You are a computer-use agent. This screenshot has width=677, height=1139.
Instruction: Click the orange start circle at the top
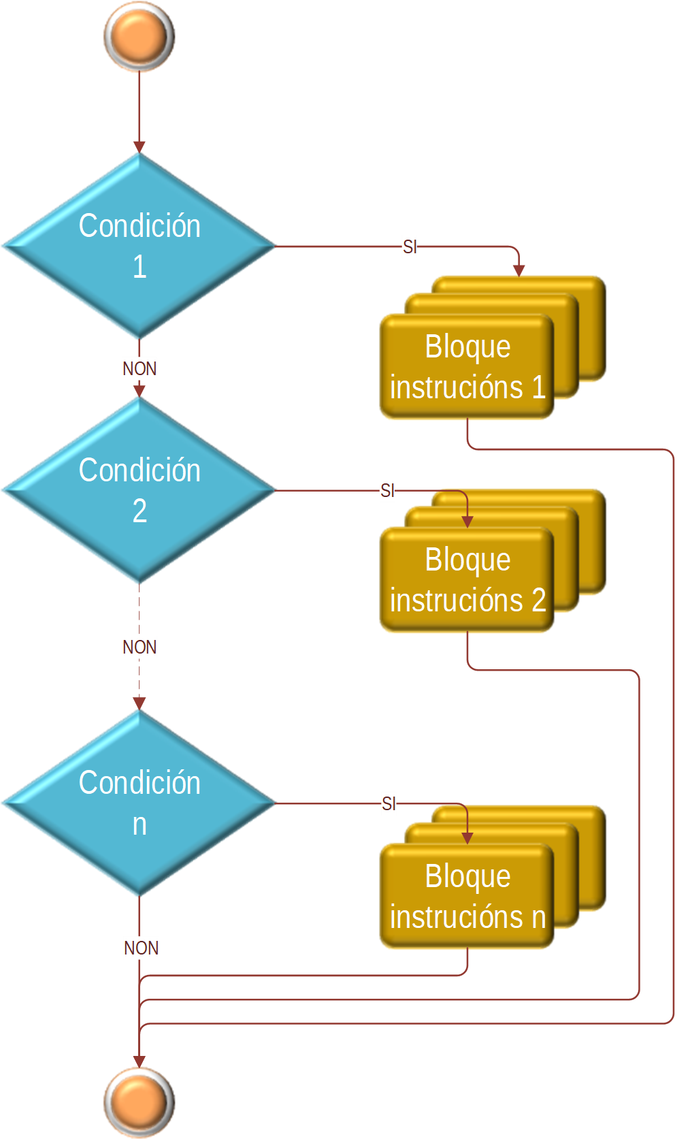click(139, 37)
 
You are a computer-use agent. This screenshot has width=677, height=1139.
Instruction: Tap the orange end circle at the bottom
click(139, 1102)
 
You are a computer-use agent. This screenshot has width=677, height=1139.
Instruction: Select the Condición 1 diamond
click(139, 246)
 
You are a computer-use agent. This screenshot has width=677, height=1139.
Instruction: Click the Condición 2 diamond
click(139, 490)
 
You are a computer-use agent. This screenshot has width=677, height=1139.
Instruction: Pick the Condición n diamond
click(139, 803)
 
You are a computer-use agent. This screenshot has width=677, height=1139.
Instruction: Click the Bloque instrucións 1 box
click(467, 367)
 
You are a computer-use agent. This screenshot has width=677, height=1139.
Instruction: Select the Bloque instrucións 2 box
click(467, 580)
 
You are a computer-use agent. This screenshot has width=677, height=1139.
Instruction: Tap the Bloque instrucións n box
click(467, 897)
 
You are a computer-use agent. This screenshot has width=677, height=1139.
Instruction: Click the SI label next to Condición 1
click(410, 246)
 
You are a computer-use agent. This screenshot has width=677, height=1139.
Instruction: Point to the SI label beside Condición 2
click(387, 490)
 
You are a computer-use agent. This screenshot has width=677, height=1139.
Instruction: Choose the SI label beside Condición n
click(389, 803)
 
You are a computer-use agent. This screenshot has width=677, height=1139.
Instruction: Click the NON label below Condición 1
click(139, 368)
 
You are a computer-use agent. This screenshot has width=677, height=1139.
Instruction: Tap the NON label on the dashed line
click(139, 647)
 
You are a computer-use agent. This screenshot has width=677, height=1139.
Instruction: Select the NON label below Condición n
click(141, 948)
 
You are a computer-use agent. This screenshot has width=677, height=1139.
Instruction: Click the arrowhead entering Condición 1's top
click(139, 147)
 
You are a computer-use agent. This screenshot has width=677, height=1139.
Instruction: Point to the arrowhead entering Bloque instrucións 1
click(519, 271)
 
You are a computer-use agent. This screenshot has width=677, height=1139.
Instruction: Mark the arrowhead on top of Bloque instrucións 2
click(467, 522)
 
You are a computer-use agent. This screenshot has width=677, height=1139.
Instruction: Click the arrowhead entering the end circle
click(139, 1062)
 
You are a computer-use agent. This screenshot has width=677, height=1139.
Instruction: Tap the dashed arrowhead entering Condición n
click(139, 703)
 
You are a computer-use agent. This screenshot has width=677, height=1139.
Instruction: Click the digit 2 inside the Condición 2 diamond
click(139, 511)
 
